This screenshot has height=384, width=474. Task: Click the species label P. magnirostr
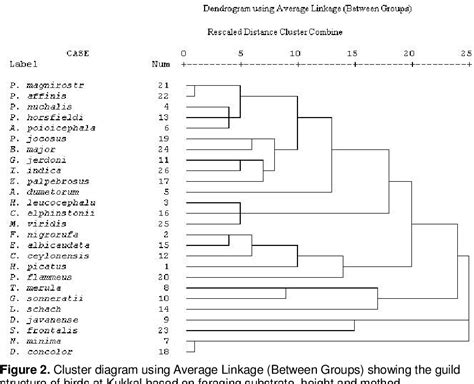46,87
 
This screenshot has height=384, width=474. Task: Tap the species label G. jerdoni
40,160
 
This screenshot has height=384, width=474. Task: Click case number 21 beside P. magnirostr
163,87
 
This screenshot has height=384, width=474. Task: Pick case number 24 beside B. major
163,150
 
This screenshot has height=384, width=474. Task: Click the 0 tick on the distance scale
183,50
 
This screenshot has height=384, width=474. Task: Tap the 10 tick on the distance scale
295,50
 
